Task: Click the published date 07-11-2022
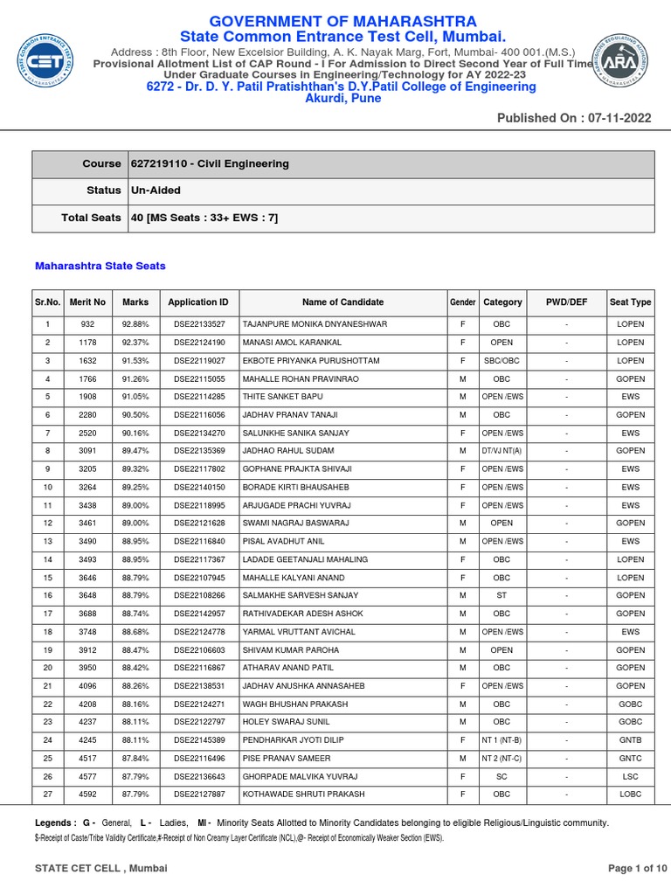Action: [616, 118]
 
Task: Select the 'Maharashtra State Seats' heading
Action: [100, 266]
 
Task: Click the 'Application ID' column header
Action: [198, 302]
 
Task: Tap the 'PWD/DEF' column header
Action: [566, 302]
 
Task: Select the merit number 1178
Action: [87, 343]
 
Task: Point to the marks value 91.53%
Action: [135, 361]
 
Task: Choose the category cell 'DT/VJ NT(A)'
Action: [502, 451]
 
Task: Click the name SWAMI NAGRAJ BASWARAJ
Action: [295, 524]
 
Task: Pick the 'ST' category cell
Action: [502, 596]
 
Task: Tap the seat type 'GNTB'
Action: [630, 740]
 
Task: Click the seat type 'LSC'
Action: [630, 777]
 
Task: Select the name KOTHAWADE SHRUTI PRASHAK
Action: [303, 794]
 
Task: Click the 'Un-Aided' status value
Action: [156, 191]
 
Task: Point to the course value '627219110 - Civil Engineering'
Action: [210, 163]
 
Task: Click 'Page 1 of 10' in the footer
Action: [637, 868]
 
